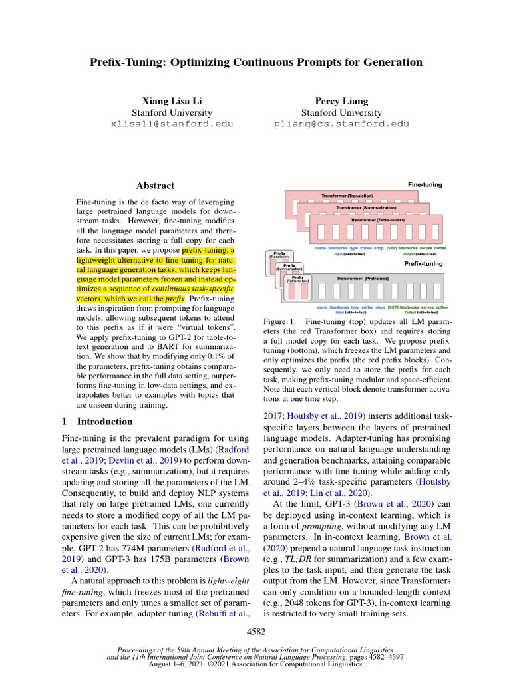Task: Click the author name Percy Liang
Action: [342, 100]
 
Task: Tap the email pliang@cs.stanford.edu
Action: [342, 124]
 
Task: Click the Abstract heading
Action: [155, 186]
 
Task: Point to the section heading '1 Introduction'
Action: [97, 421]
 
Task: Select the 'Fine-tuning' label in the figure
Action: [425, 184]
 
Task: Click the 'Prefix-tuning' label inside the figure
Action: [424, 264]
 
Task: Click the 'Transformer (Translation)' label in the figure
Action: [347, 196]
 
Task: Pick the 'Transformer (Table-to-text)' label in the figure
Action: [377, 219]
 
